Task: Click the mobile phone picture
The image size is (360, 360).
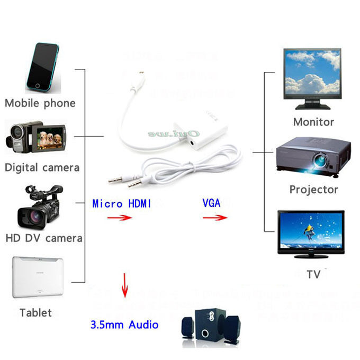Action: pyautogui.click(x=41, y=67)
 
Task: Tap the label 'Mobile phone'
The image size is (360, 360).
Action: pyautogui.click(x=40, y=103)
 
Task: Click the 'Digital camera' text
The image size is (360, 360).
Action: pyautogui.click(x=42, y=168)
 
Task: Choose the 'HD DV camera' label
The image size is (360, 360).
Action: pyautogui.click(x=44, y=238)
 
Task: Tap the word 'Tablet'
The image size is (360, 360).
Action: pyautogui.click(x=35, y=313)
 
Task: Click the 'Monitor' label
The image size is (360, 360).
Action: pyautogui.click(x=313, y=122)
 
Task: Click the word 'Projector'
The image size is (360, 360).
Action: pyautogui.click(x=313, y=190)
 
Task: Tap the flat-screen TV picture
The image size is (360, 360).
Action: pyautogui.click(x=311, y=235)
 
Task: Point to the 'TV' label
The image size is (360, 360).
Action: pyautogui.click(x=313, y=274)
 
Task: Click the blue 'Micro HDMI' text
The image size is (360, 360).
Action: pyautogui.click(x=122, y=203)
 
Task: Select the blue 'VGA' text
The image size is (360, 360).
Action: pyautogui.click(x=211, y=203)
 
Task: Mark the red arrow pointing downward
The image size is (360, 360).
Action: pyautogui.click(x=125, y=285)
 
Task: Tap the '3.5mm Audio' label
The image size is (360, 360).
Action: pyautogui.click(x=124, y=324)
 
